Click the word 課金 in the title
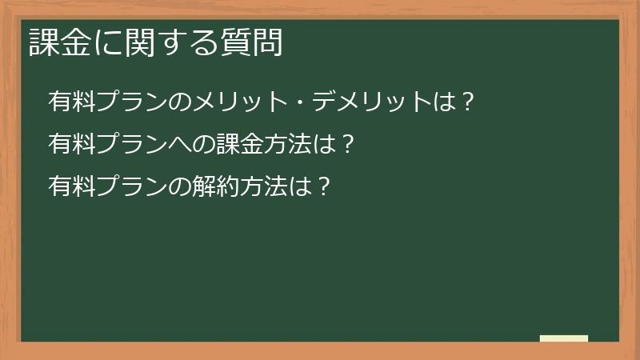click(59, 42)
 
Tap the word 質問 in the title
click(251, 42)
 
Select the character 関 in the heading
click(140, 42)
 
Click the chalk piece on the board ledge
click(564, 338)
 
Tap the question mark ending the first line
click(468, 102)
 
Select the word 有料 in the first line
click(72, 102)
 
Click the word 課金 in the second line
click(240, 144)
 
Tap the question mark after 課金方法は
click(348, 144)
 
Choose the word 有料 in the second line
click(72, 144)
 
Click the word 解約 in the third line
click(216, 186)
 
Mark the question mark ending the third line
click(324, 186)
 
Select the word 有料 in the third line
click(72, 186)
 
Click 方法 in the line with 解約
click(264, 186)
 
